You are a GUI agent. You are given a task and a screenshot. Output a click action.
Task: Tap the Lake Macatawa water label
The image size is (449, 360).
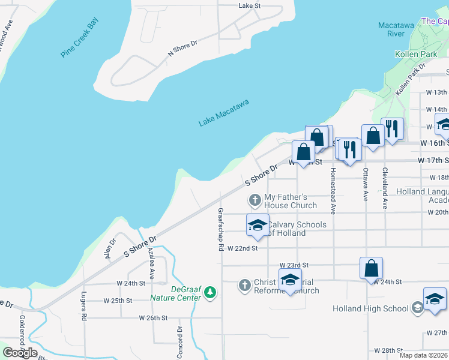(x=223, y=113)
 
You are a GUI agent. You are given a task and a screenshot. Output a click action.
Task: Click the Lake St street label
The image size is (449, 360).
(x=249, y=5)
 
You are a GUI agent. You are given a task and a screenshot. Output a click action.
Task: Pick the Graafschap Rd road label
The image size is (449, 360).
(x=221, y=229)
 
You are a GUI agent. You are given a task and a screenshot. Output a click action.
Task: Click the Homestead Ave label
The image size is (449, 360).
(x=333, y=190)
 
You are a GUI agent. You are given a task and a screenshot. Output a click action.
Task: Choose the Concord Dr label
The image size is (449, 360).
(x=179, y=338)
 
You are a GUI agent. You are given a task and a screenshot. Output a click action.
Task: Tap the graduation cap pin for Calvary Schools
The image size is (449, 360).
(x=258, y=224)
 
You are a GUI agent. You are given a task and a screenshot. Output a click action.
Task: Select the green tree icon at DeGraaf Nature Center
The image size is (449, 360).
(x=209, y=292)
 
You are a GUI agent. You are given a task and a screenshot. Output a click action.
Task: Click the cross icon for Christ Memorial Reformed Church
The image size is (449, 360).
(x=244, y=285)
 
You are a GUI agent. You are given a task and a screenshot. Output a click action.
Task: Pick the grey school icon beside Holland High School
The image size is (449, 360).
(x=417, y=308)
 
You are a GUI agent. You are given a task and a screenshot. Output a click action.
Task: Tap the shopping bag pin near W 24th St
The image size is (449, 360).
(x=372, y=268)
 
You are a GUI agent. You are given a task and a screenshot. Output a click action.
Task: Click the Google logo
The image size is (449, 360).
(x=20, y=353)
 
